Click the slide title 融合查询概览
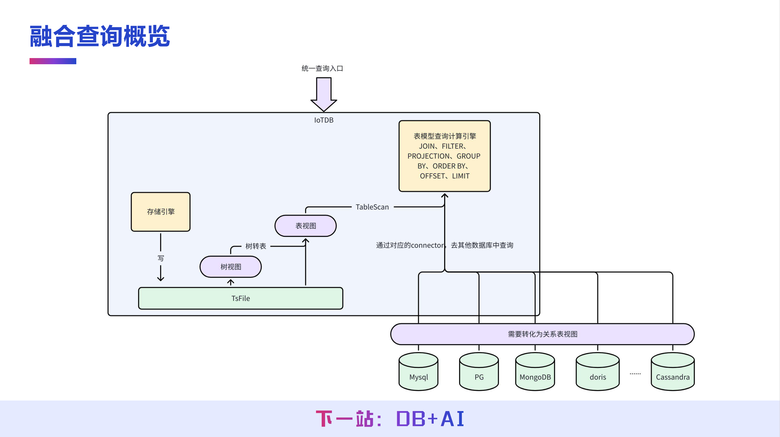100,36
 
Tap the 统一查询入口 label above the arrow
322,68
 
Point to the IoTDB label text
324,120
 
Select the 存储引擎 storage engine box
161,212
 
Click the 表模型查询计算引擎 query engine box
444,156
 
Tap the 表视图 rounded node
305,226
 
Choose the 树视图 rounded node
231,267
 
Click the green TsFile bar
240,298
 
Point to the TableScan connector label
372,207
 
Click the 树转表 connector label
256,246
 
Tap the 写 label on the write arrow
161,258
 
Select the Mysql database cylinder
419,373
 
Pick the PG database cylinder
479,373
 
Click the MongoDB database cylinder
535,373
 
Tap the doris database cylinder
598,373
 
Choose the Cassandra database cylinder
673,373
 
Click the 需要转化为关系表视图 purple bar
542,334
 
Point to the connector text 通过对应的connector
410,245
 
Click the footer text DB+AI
430,419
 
